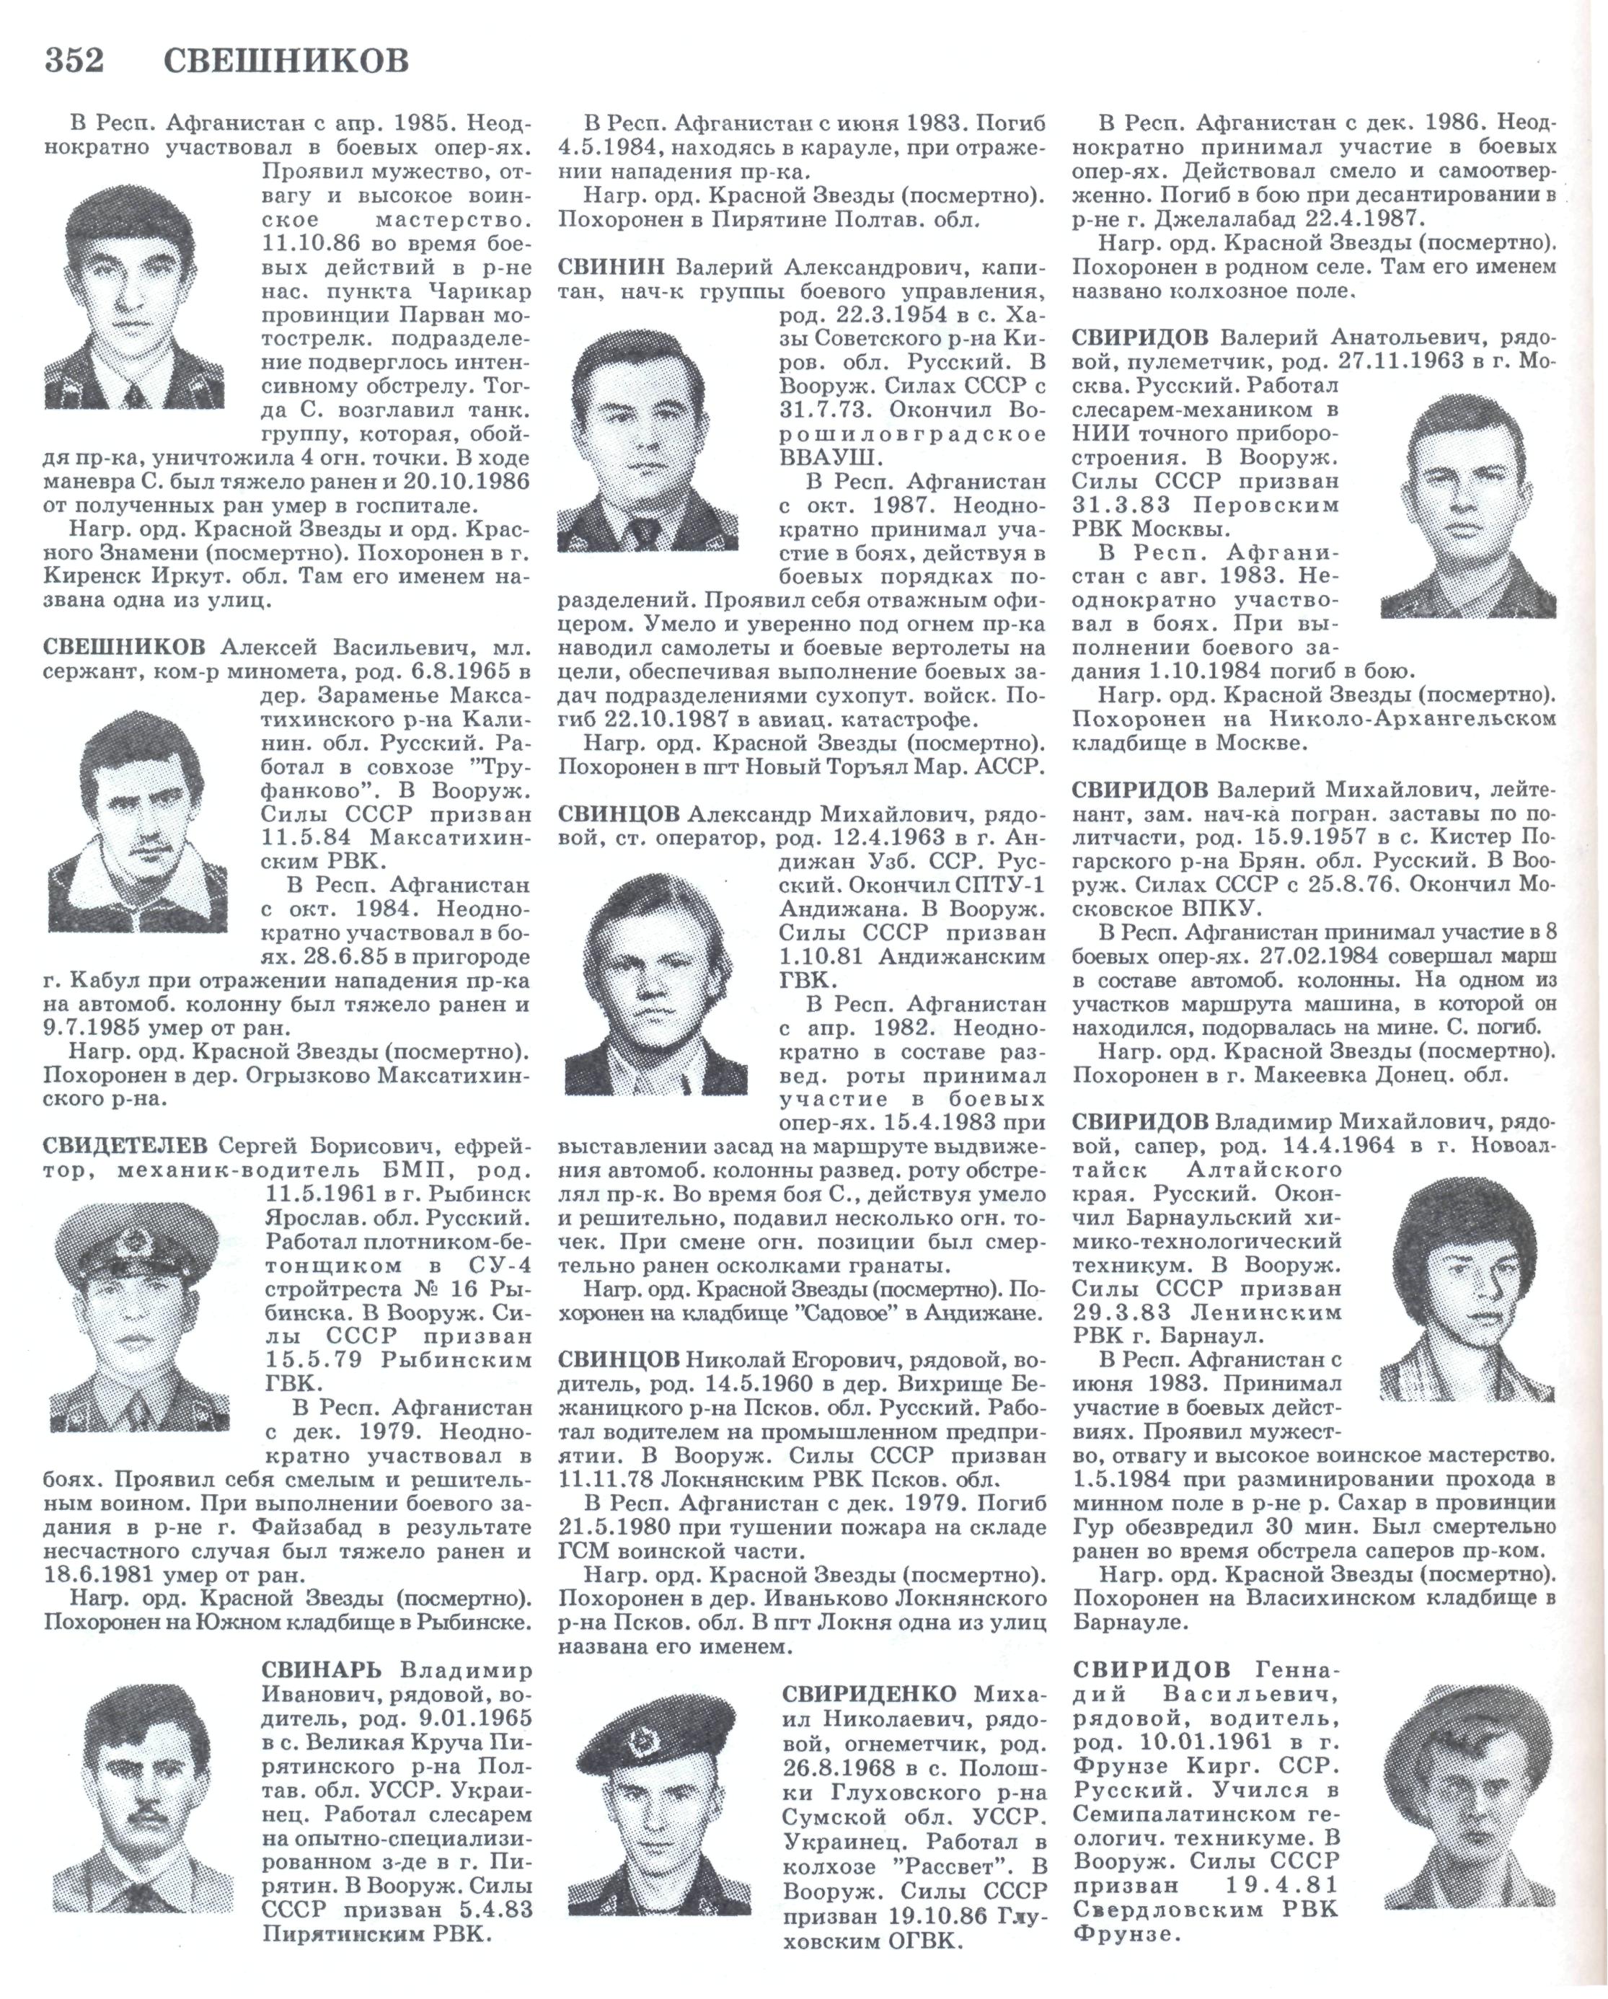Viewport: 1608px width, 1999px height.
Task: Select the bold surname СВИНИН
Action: click(x=611, y=268)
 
